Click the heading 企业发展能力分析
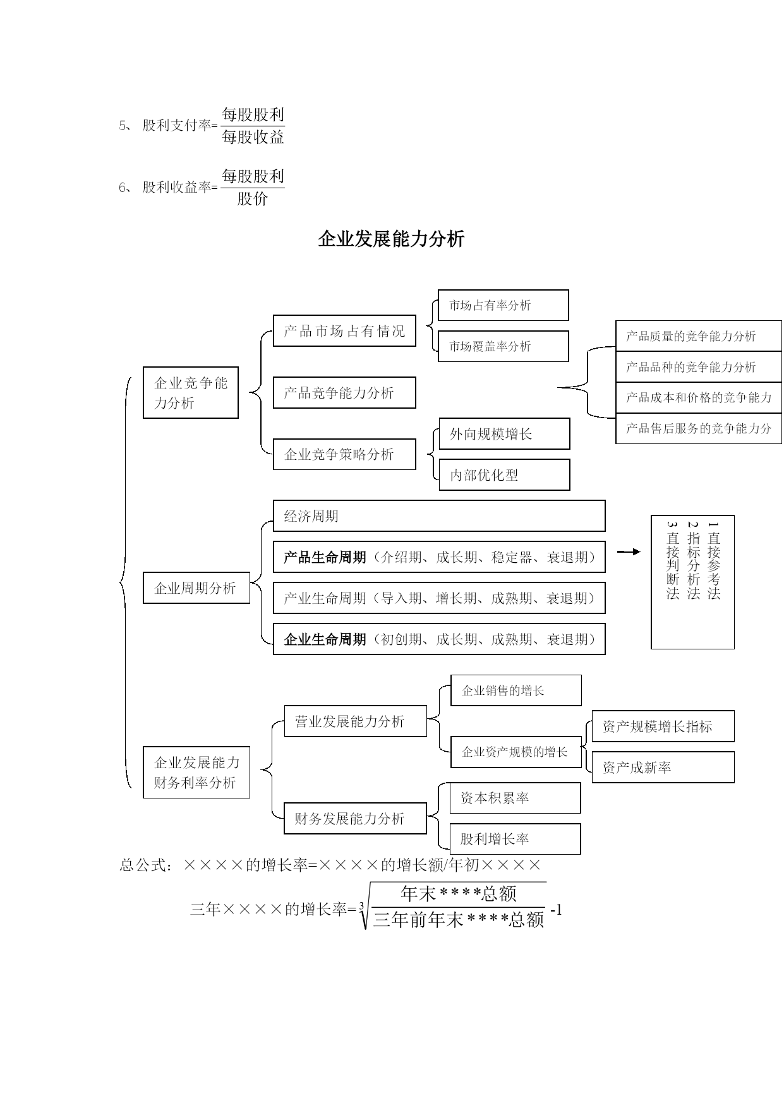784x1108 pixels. [x=391, y=239]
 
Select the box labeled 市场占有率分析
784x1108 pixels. [x=504, y=305]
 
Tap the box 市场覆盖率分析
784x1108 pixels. [x=504, y=346]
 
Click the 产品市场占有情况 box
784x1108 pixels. [x=344, y=331]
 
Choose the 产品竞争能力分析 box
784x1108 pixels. [x=344, y=393]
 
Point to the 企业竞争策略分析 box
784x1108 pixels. [x=344, y=454]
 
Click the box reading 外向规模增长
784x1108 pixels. [x=504, y=434]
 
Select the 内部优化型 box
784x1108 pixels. [x=504, y=474]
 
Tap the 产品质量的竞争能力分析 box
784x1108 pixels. [x=699, y=336]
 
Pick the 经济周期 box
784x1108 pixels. [x=439, y=516]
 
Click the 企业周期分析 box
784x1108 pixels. [x=196, y=587]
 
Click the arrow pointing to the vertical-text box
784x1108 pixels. [x=629, y=551]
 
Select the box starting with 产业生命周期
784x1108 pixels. [x=439, y=598]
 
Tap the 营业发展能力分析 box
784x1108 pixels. [x=356, y=721]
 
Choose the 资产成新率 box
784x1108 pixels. [x=663, y=768]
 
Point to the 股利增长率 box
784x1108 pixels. [x=516, y=839]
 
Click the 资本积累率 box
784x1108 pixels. [x=516, y=798]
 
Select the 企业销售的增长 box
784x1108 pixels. [x=516, y=690]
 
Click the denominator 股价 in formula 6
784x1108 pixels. [x=253, y=199]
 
